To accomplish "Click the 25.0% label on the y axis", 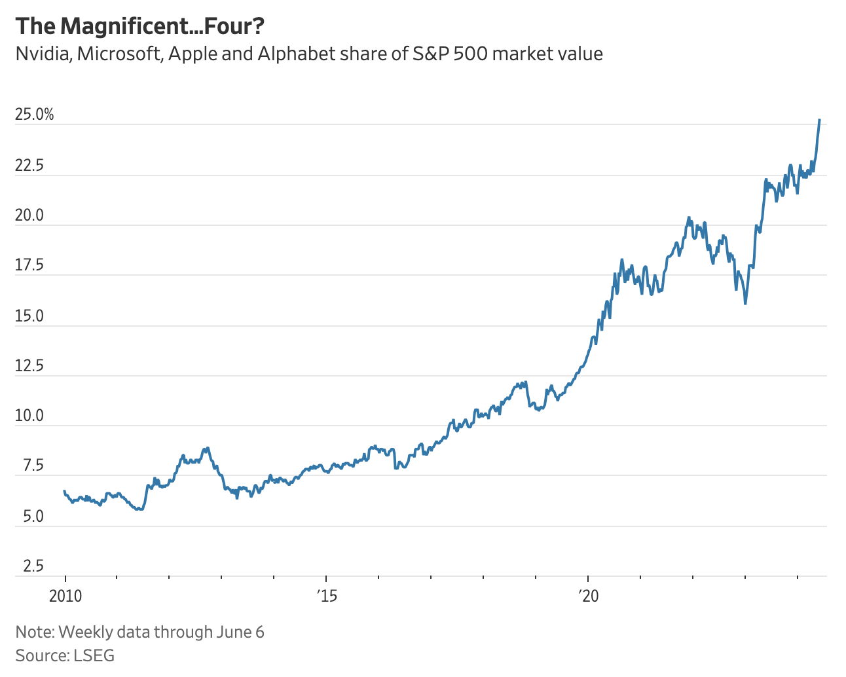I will (34, 115).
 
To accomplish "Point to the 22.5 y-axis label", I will (29, 166).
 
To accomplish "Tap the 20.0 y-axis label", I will (29, 215).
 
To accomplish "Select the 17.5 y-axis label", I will (29, 266).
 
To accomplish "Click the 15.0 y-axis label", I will (29, 316).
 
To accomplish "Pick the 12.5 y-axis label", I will (29, 366).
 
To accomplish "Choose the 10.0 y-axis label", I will (29, 416).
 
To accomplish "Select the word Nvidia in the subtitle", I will (43, 54).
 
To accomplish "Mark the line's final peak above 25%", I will (819, 120).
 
